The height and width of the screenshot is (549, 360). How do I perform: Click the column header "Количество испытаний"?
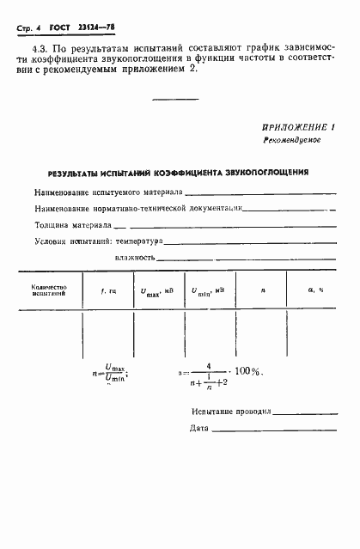click(49, 290)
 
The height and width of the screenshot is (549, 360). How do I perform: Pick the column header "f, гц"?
click(108, 290)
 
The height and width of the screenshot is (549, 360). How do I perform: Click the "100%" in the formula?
click(248, 372)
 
